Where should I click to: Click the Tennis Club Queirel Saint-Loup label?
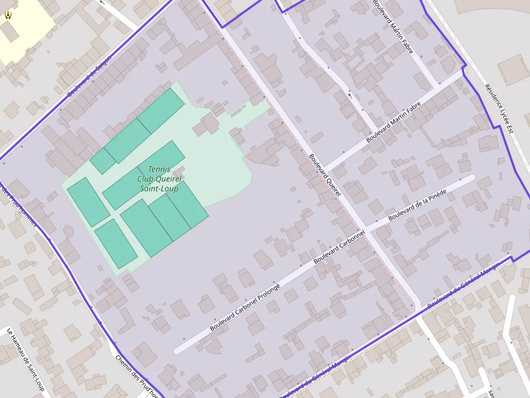[158, 179]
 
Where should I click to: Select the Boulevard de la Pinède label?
[417, 205]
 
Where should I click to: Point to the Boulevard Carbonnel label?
[339, 248]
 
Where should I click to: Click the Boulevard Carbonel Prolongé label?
[244, 307]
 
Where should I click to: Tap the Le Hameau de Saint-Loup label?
[25, 362]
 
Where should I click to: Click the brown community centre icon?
[8, 15]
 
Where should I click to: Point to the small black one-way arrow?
[350, 95]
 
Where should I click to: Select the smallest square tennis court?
[103, 160]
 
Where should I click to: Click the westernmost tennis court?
[88, 201]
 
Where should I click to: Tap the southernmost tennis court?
[116, 244]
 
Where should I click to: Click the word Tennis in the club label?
[158, 169]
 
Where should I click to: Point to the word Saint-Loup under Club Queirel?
[159, 188]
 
